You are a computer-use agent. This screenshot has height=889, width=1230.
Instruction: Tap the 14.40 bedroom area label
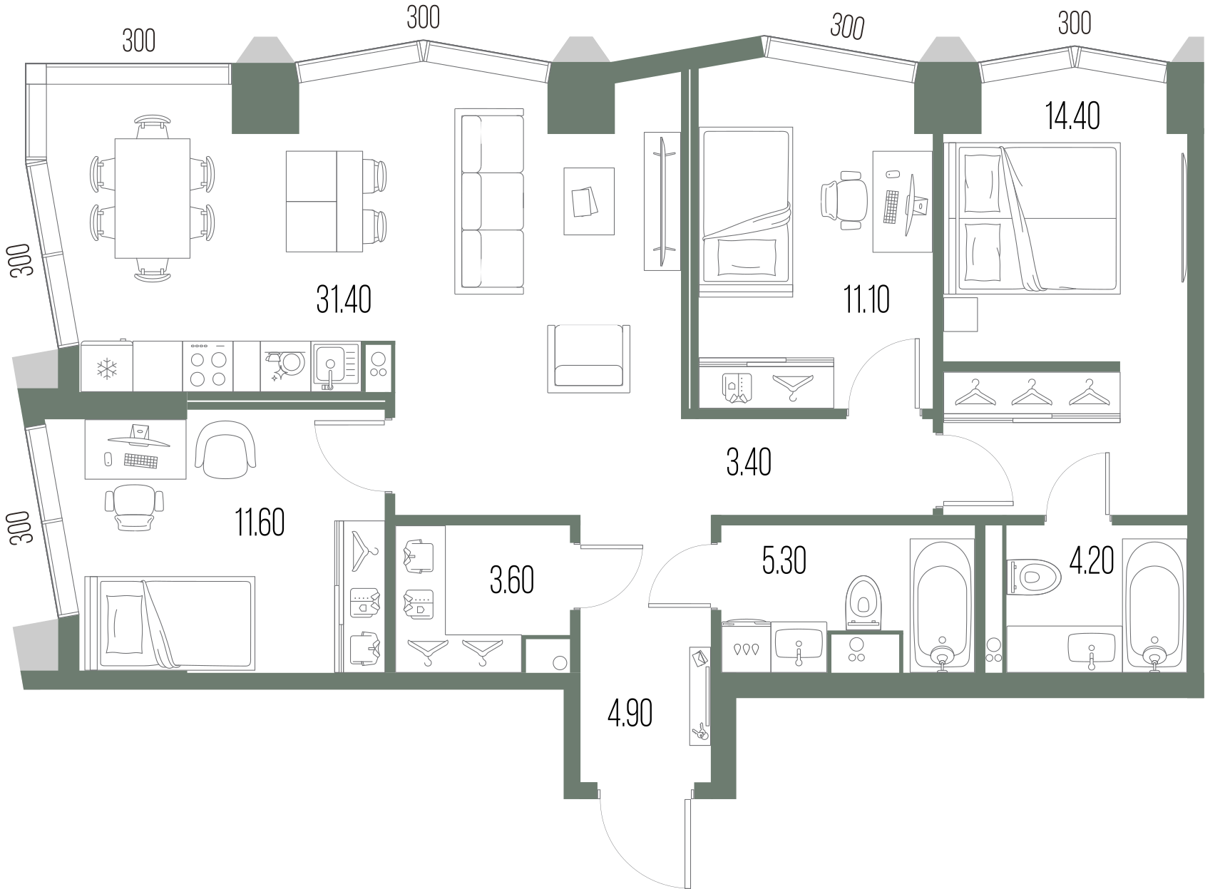coord(1072,115)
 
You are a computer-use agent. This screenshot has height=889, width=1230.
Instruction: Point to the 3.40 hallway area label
coord(749,463)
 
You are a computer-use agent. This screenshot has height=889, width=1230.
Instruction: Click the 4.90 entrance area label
coord(630,713)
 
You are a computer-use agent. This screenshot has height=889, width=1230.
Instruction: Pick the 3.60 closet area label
coord(511,580)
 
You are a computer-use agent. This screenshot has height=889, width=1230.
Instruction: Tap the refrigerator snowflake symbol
coord(107,369)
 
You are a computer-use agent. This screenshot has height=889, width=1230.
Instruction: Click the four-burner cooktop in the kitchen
coord(208,366)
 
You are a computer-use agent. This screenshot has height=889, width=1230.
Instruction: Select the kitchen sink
coord(337,366)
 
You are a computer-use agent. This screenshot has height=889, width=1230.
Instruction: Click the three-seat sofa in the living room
coord(489,201)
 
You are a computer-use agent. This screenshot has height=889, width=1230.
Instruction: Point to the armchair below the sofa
coord(589,359)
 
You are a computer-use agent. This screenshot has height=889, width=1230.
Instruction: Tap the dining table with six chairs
coord(153,198)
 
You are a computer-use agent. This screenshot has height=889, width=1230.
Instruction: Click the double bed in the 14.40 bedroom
coord(1032,218)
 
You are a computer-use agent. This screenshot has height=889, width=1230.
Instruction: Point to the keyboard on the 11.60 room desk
coord(140,461)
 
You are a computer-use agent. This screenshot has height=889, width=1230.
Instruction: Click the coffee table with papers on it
coord(589,201)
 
